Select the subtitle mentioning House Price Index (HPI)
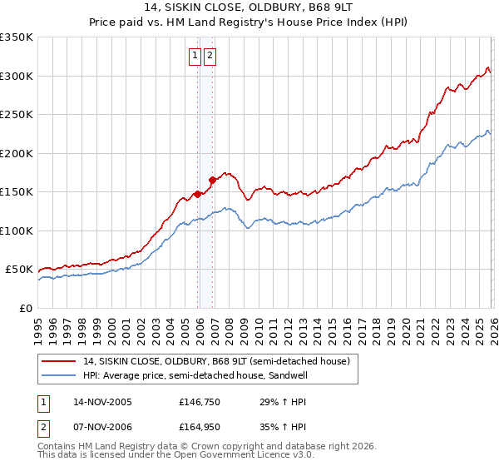pos(250,23)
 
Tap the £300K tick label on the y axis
pos(17,76)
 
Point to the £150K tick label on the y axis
pos(17,192)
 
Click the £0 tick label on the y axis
pos(27,308)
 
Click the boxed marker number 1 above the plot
pos(194,56)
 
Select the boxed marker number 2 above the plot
pos(209,56)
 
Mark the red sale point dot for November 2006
pos(213,179)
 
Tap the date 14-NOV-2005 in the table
pos(102,402)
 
